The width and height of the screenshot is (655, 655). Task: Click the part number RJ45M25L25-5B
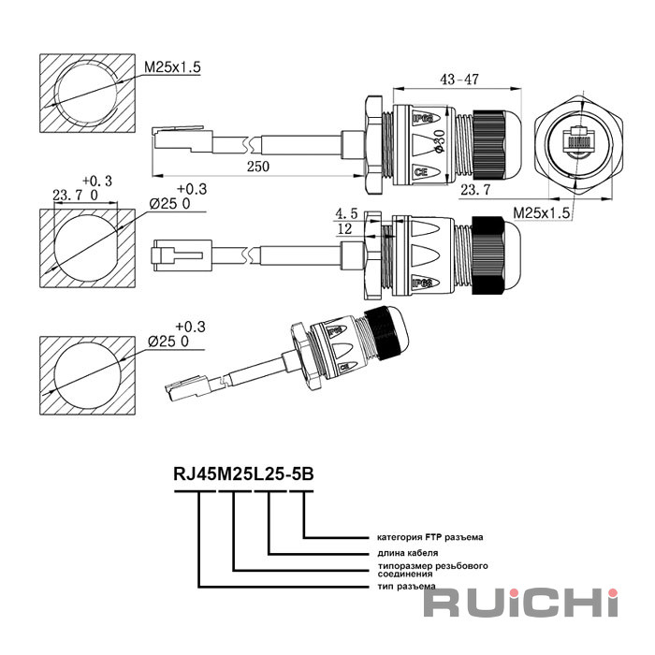point(243,473)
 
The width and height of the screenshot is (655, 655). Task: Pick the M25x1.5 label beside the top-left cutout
point(173,67)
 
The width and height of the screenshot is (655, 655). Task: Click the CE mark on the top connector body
point(421,171)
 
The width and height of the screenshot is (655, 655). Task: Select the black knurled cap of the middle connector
point(492,250)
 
